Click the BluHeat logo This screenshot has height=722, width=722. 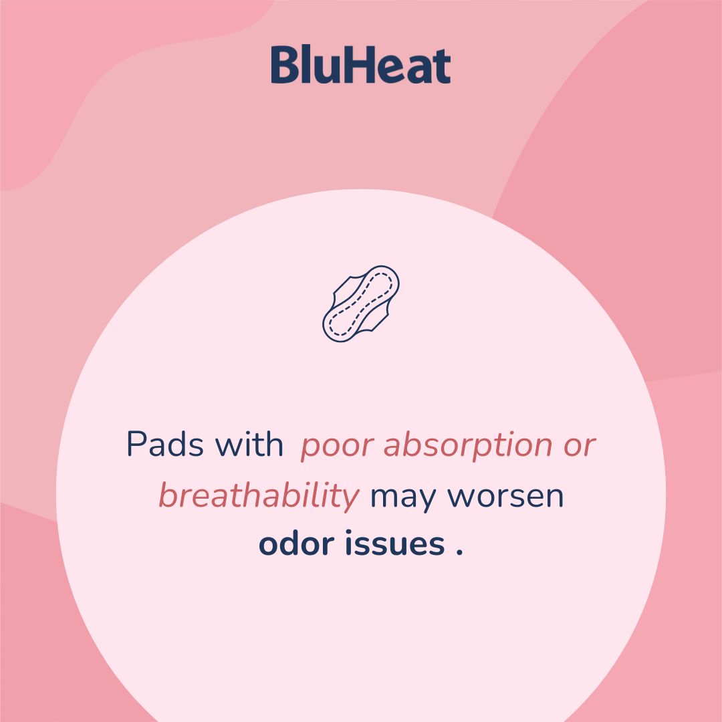pyautogui.click(x=360, y=66)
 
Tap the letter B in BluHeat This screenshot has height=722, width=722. pyautogui.click(x=283, y=66)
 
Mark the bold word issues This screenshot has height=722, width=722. pyautogui.click(x=395, y=545)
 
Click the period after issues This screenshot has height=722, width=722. pyautogui.click(x=459, y=554)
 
